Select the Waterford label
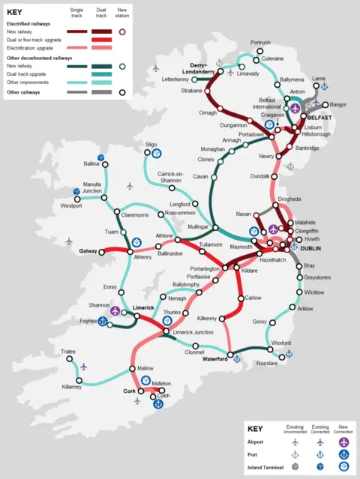pyautogui.click(x=214, y=359)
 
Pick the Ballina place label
pyautogui.click(x=91, y=163)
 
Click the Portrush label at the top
pyautogui.click(x=260, y=43)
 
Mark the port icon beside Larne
pyautogui.click(x=325, y=87)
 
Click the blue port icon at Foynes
pyautogui.click(x=102, y=323)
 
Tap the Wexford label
pyautogui.click(x=281, y=343)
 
